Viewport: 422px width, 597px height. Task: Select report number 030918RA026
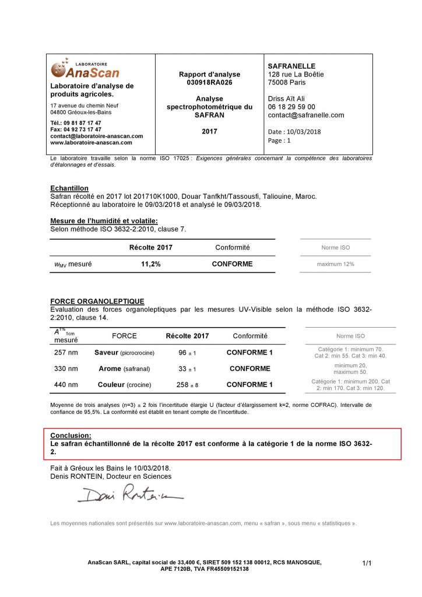pyautogui.click(x=209, y=83)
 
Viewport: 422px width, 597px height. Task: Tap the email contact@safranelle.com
pyautogui.click(x=305, y=115)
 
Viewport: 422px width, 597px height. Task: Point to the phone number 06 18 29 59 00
pyautogui.click(x=291, y=107)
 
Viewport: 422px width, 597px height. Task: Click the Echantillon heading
pyautogui.click(x=69, y=189)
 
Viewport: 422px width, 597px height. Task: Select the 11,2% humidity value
pyautogui.click(x=150, y=264)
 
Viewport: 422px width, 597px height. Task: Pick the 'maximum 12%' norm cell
pyautogui.click(x=335, y=264)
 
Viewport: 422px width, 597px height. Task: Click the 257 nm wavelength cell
pyautogui.click(x=65, y=353)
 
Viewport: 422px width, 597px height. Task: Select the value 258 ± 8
pyautogui.click(x=187, y=385)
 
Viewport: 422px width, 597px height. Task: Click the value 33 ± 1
pyautogui.click(x=187, y=368)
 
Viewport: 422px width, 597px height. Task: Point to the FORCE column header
pyautogui.click(x=124, y=336)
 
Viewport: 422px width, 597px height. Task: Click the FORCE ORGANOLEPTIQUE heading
pyautogui.click(x=97, y=301)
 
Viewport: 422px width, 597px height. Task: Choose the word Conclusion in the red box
pyautogui.click(x=71, y=436)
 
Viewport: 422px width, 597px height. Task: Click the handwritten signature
pyautogui.click(x=129, y=494)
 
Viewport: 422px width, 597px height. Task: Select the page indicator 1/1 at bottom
pyautogui.click(x=367, y=563)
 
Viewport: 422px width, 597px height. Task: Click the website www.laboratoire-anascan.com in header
pyautogui.click(x=91, y=142)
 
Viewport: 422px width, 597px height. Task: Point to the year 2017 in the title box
pyautogui.click(x=209, y=132)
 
